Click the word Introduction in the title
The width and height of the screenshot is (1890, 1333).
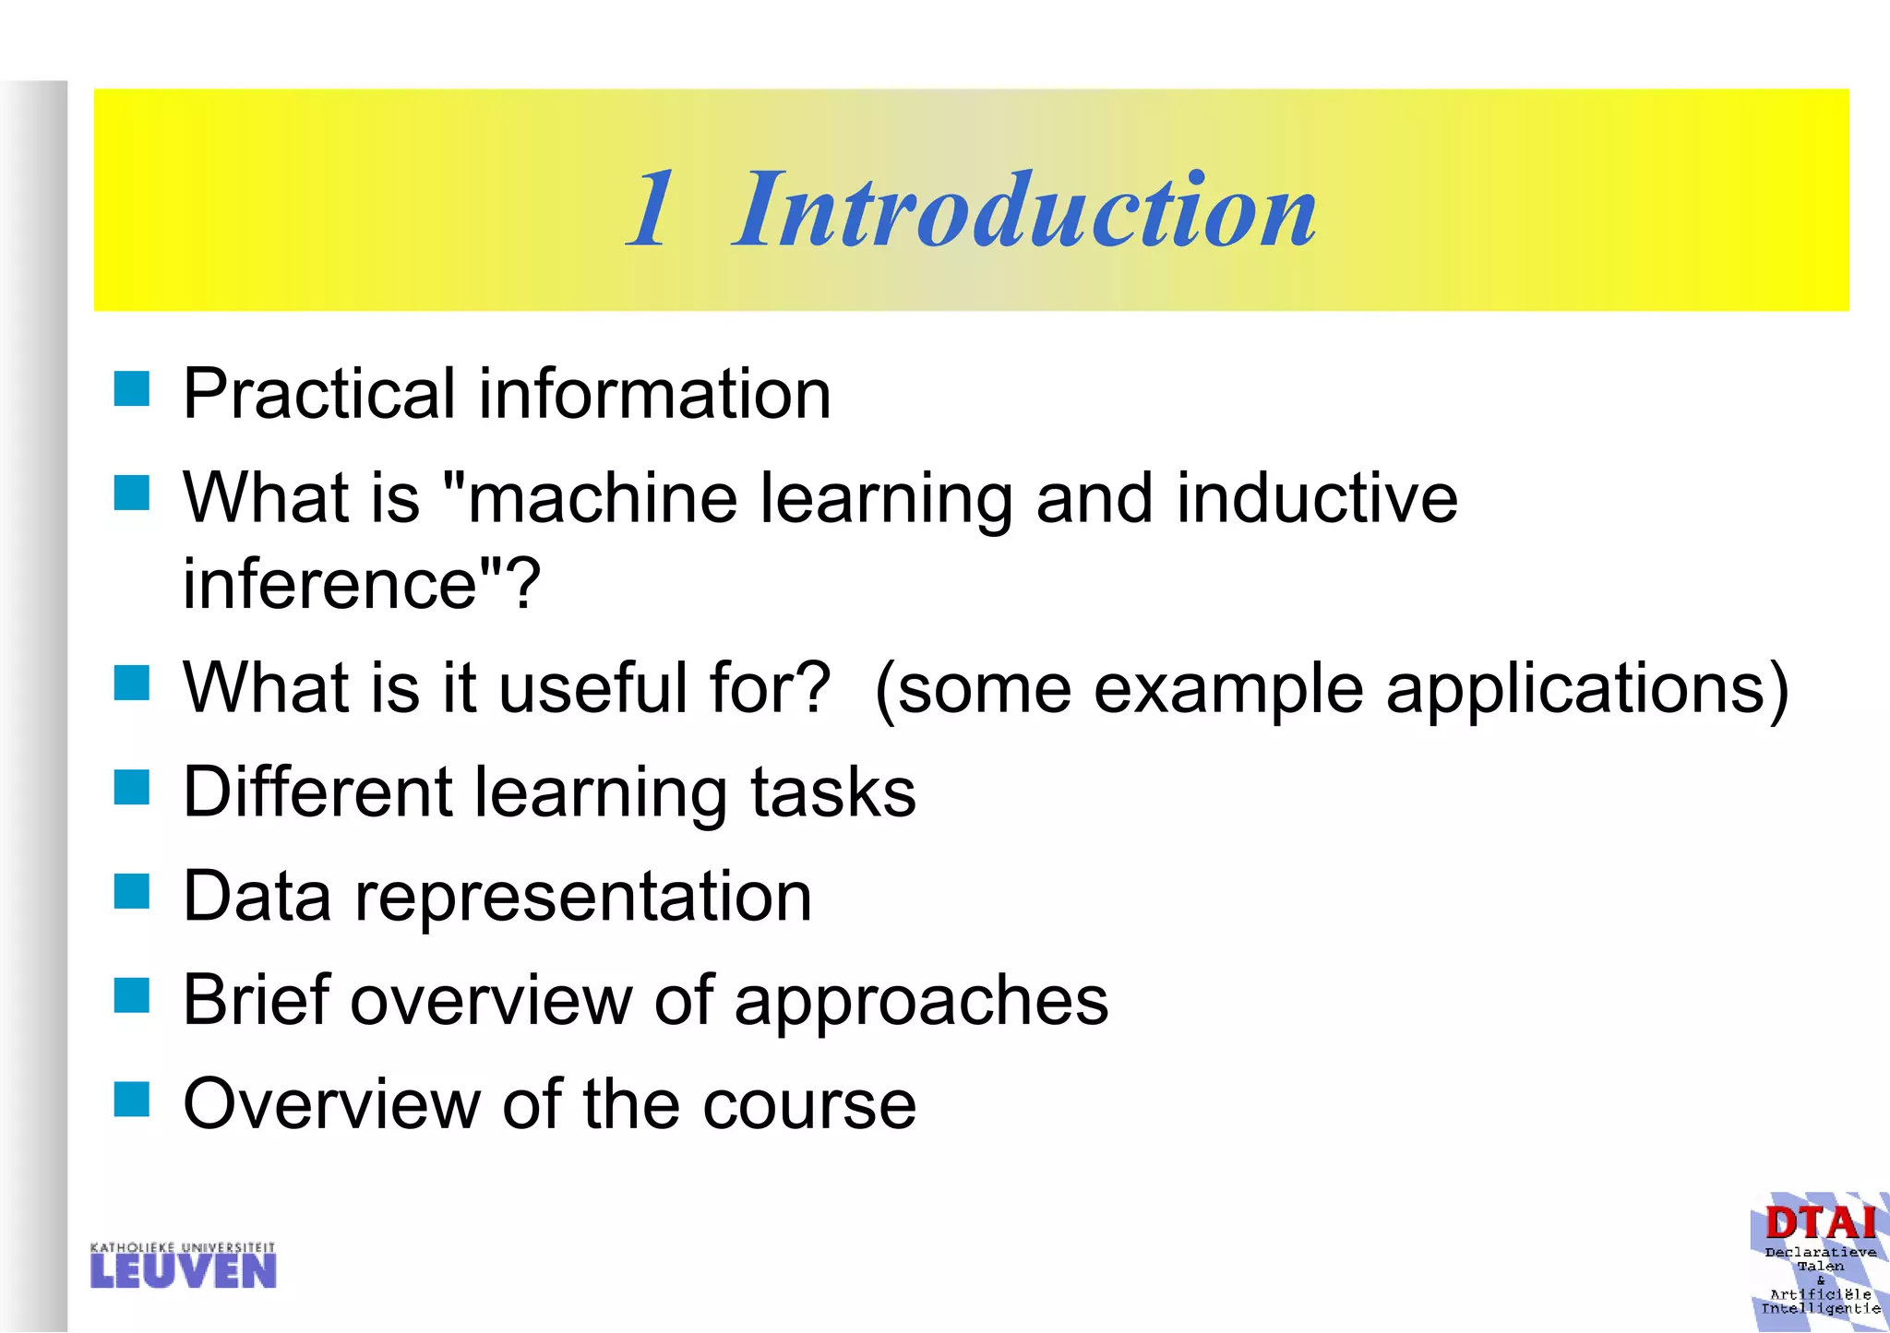[x=1024, y=209]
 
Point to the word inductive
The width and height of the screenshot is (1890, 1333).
[x=1317, y=498]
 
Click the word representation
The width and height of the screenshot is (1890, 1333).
[x=583, y=897]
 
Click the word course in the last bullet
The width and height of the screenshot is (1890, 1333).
[x=808, y=1104]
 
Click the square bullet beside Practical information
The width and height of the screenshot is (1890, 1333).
[x=132, y=389]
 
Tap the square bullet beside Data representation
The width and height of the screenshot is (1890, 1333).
[x=132, y=892]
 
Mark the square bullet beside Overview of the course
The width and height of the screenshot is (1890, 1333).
[x=132, y=1100]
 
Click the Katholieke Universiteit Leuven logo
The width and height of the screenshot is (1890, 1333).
[x=183, y=1265]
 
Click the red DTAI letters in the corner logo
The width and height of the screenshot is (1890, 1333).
[x=1820, y=1224]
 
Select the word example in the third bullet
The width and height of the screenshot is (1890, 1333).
[x=1227, y=690]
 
